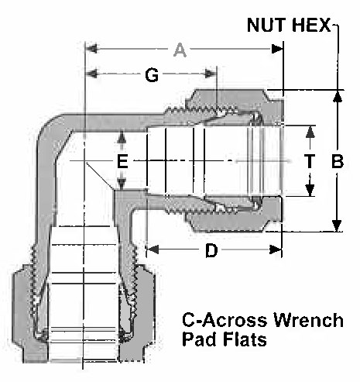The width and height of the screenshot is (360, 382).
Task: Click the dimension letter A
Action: tap(180, 50)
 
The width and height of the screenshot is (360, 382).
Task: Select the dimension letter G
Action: tap(152, 75)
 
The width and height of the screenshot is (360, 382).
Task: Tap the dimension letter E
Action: tap(122, 161)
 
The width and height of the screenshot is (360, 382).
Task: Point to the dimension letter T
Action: tap(310, 160)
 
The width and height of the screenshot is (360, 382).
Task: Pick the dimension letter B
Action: tap(338, 161)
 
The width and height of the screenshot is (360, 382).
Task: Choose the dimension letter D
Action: tap(211, 250)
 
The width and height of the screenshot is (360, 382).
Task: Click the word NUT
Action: tap(267, 25)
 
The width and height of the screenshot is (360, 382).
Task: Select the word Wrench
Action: tap(308, 320)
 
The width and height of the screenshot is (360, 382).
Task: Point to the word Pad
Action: tap(201, 339)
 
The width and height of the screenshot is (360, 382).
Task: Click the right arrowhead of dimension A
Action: tap(277, 49)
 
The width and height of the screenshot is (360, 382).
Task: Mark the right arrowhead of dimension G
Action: tap(211, 74)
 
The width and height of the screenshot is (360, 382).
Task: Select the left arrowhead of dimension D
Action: tap(153, 250)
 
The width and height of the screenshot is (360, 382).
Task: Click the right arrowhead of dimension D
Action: tap(276, 250)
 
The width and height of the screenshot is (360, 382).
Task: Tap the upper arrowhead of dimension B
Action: tap(337, 96)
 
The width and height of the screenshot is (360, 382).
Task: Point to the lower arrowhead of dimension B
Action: tap(337, 225)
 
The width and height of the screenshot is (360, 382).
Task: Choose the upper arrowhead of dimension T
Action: tap(310, 132)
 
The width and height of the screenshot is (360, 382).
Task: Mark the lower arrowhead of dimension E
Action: tap(122, 184)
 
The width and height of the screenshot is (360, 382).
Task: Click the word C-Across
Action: tap(225, 320)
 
